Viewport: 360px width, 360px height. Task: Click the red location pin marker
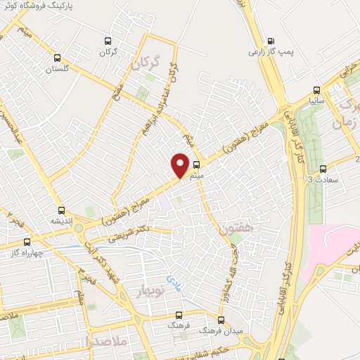click(181, 165)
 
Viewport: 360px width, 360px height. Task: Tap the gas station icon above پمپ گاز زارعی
click(273, 41)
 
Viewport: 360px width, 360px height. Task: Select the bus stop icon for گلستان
click(58, 58)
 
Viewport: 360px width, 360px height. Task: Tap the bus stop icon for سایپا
click(317, 90)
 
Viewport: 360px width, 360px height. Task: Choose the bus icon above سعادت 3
click(323, 169)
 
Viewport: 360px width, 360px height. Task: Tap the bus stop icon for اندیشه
click(61, 210)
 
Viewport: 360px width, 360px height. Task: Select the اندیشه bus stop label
click(61, 220)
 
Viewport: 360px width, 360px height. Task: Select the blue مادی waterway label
click(174, 283)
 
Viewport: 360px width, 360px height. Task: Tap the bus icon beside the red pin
click(195, 166)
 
